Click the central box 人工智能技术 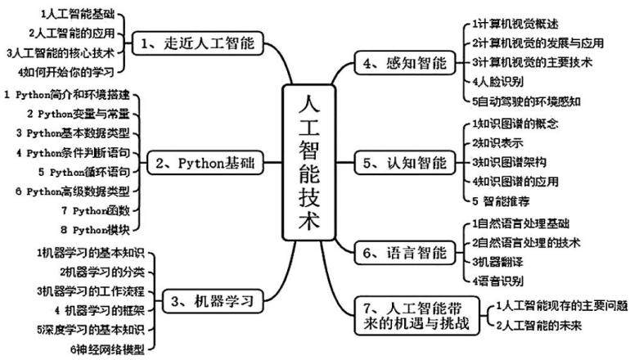click(308, 162)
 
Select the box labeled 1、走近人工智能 click(198, 43)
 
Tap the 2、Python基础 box click(205, 163)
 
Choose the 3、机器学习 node click(213, 300)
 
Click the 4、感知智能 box click(405, 63)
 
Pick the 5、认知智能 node click(405, 163)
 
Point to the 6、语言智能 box click(405, 253)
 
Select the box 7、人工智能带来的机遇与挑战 click(417, 316)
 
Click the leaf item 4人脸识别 click(497, 82)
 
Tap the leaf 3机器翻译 click(497, 262)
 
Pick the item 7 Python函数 click(96, 210)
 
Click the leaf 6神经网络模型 click(107, 349)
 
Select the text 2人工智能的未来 click(539, 325)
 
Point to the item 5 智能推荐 click(501, 201)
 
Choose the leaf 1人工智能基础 click(78, 15)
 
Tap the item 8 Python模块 click(96, 230)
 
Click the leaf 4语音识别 click(497, 281)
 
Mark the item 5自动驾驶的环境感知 click(526, 101)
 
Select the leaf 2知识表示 click(497, 143)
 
